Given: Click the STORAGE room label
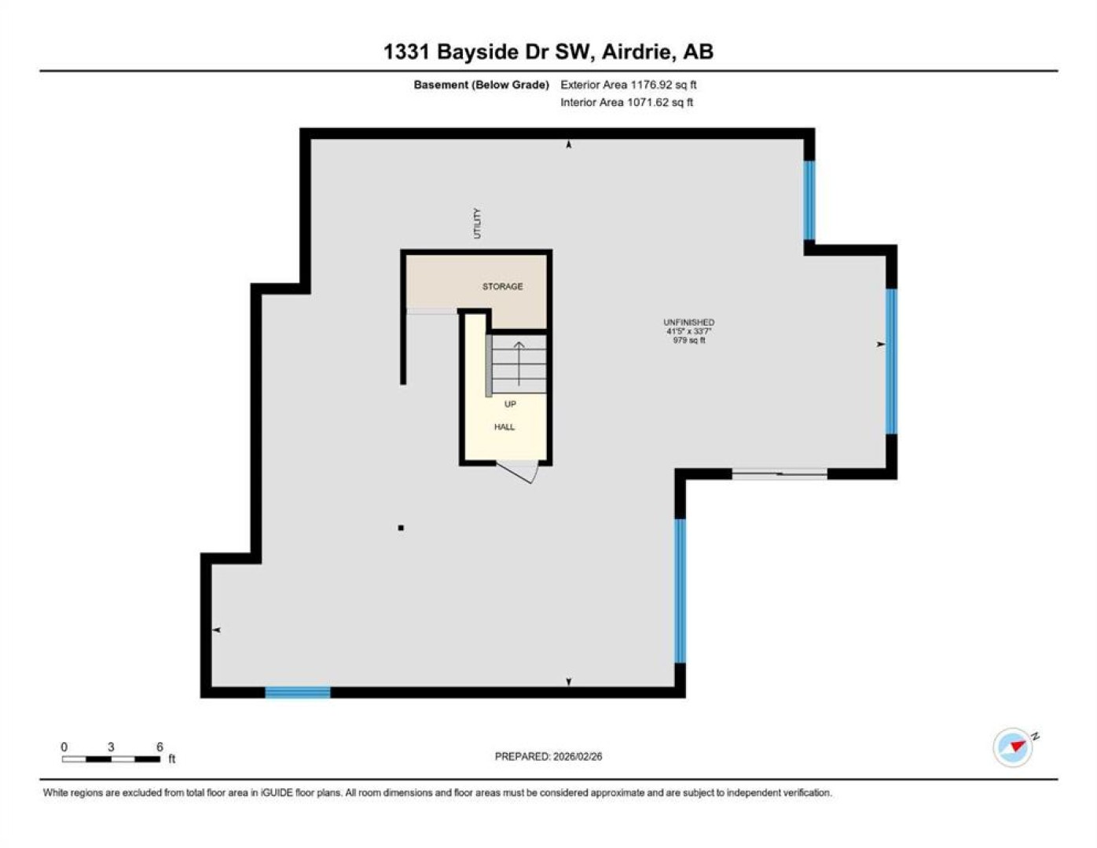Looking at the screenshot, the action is [502, 287].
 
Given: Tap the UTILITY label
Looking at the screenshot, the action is [477, 223].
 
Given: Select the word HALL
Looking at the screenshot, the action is [504, 427].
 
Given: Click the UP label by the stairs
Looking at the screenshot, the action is [510, 404].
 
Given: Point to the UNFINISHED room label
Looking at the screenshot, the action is [688, 322].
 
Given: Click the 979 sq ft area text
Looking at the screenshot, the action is [688, 341].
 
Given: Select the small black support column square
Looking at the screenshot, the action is [401, 528].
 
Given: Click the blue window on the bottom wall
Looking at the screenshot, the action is [298, 692].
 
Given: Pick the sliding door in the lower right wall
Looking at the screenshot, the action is [780, 473].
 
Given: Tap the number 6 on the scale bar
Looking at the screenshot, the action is [160, 747].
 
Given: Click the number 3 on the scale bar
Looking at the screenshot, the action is [111, 747].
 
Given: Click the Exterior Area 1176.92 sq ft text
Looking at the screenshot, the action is [629, 85].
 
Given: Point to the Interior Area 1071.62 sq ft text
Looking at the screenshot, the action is [626, 102].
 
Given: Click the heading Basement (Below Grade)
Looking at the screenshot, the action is [481, 85].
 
